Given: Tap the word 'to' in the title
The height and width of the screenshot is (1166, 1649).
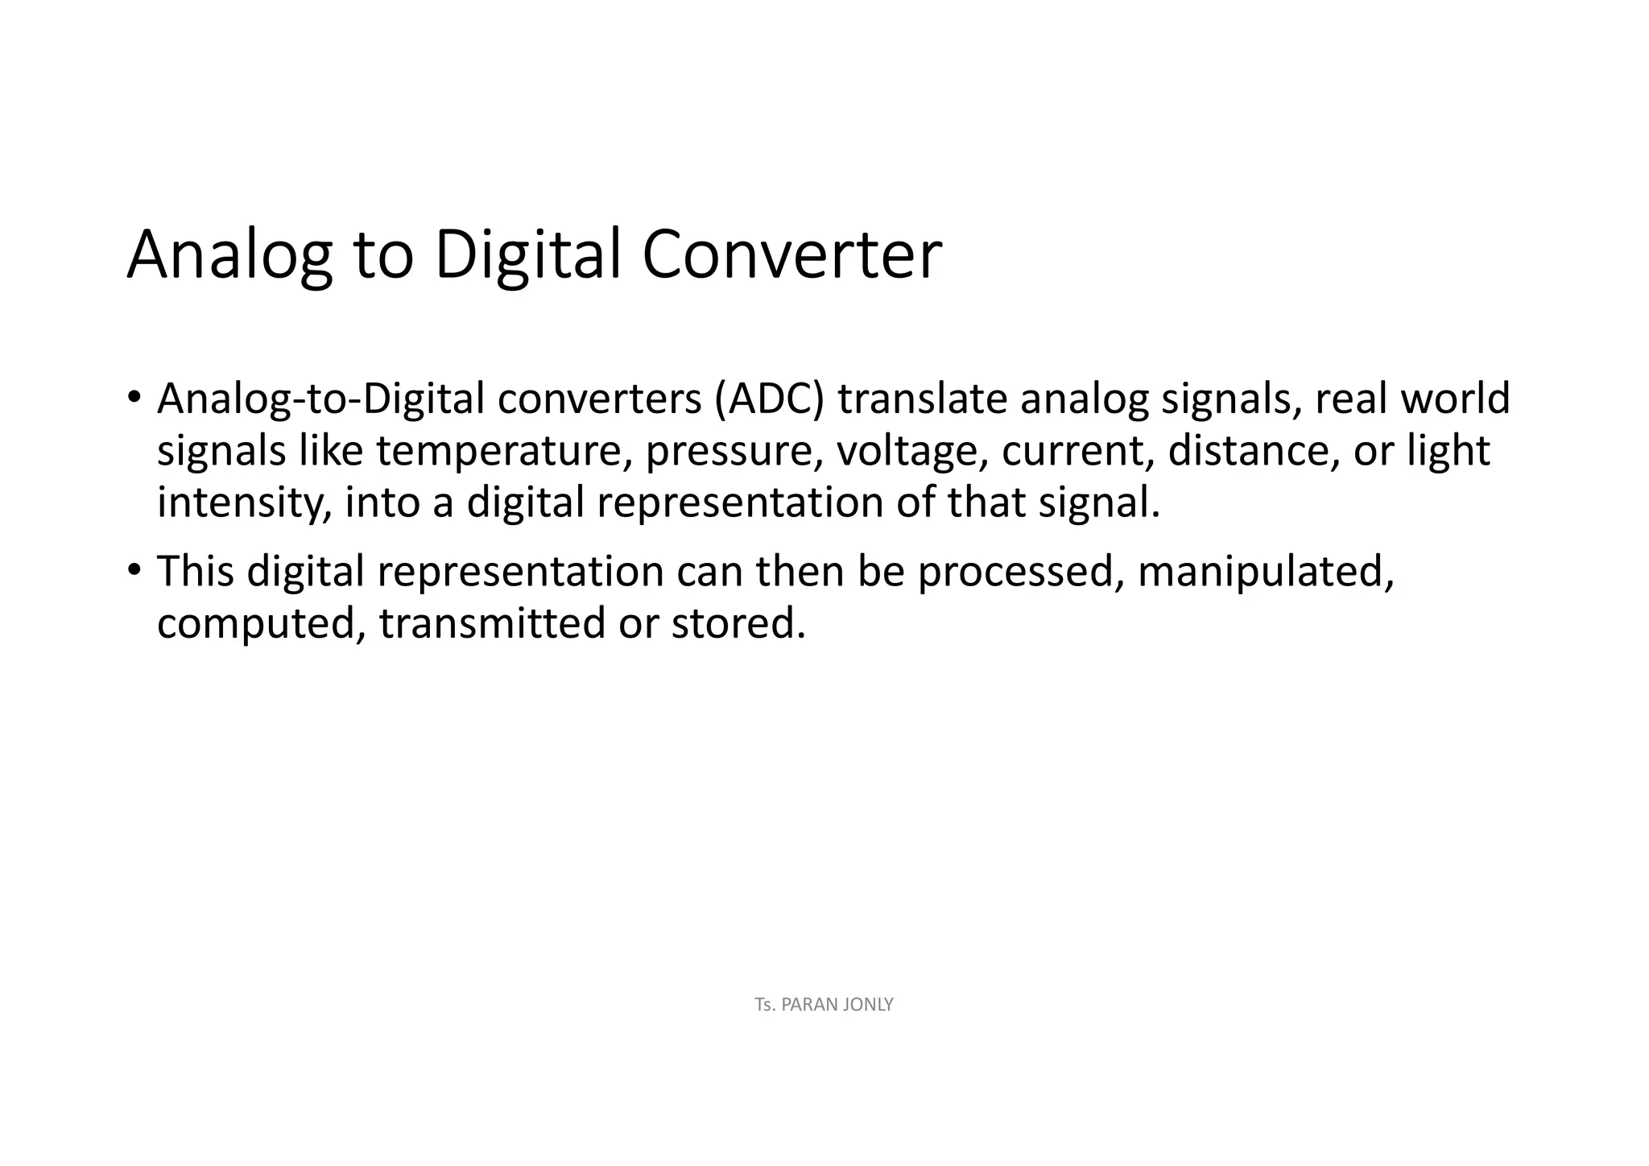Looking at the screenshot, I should (x=383, y=255).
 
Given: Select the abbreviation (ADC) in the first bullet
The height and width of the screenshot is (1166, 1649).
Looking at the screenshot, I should (x=769, y=399).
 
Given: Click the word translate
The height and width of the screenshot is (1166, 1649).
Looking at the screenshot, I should (x=922, y=399).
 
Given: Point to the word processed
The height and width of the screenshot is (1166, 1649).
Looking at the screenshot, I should (x=1020, y=573).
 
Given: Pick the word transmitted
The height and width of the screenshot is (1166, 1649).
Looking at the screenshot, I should (x=491, y=623).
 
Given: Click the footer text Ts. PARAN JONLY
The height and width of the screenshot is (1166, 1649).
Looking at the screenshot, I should (x=824, y=1004).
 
